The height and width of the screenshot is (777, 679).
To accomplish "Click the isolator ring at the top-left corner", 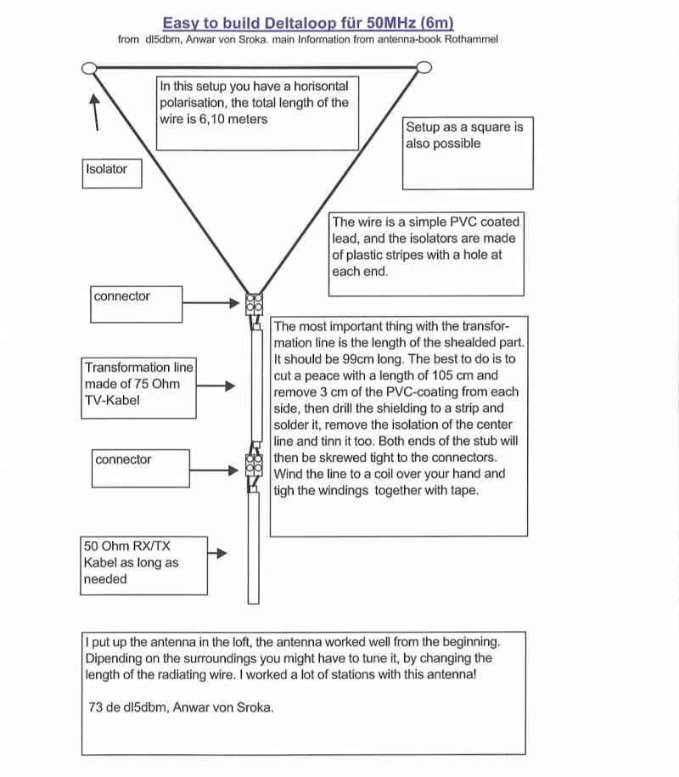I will point(89,68).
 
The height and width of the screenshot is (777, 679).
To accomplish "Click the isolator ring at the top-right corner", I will point(424,68).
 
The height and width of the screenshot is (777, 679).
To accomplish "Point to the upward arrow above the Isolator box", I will point(96,111).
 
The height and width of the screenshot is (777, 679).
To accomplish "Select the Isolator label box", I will point(112,172).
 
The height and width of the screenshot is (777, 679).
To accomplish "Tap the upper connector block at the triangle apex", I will point(253,305).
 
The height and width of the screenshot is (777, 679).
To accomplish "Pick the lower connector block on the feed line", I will point(253,465).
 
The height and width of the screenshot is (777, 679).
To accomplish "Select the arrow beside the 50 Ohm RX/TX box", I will point(218,554).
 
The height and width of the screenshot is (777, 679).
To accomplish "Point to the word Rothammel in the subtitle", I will point(467,39).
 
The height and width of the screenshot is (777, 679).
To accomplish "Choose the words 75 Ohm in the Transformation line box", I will point(150,384).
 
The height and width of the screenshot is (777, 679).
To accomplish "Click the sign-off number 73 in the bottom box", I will point(96,707).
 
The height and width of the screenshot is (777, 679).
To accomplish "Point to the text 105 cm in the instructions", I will point(462,375).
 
